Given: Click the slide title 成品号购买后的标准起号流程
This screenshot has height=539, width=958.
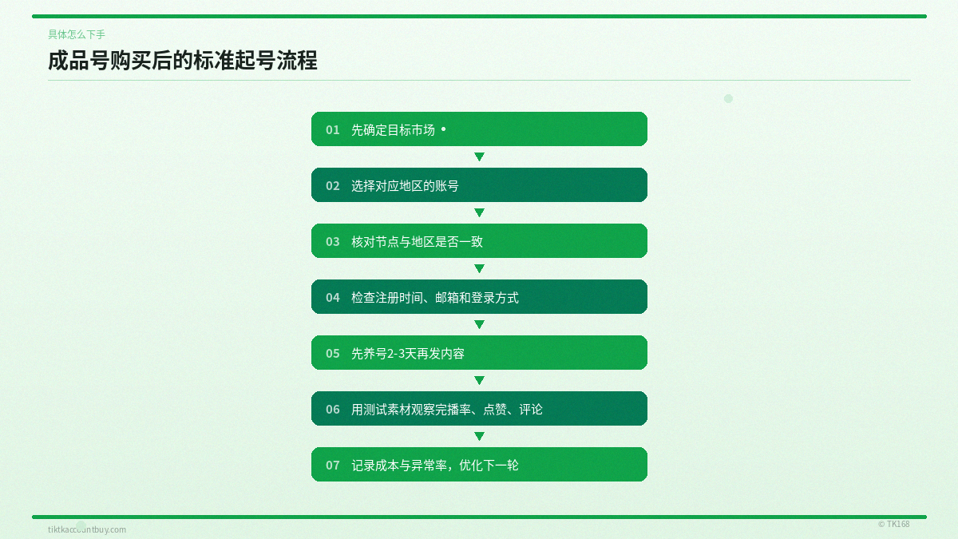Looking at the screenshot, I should click(183, 61).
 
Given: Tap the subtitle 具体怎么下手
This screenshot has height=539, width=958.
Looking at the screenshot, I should click(77, 34).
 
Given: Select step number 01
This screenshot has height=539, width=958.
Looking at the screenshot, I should click(333, 129).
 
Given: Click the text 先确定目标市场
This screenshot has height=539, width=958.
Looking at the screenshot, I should click(393, 129).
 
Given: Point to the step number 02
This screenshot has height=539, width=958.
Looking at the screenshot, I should click(333, 185).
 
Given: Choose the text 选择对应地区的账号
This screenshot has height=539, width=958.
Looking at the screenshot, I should click(405, 185).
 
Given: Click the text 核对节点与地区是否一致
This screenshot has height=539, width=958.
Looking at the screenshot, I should click(417, 241).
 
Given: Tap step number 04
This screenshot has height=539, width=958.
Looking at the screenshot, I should click(333, 297).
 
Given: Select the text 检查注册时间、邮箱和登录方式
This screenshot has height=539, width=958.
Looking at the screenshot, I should click(435, 297).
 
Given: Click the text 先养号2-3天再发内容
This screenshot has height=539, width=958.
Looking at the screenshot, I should click(408, 353).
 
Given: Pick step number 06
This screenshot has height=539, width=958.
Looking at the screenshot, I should click(333, 409).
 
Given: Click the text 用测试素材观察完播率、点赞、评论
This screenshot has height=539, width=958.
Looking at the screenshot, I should click(447, 409).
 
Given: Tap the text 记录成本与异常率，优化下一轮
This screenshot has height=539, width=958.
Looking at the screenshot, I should click(435, 465).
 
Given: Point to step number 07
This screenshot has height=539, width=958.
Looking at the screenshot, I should click(333, 465).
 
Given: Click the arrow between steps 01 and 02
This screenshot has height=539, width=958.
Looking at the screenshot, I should click(479, 157).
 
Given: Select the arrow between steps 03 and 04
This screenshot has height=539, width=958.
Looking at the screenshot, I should click(479, 269).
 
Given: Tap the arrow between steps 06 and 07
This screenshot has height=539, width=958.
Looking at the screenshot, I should click(479, 437).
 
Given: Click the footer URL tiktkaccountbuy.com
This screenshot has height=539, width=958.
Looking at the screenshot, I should click(87, 529).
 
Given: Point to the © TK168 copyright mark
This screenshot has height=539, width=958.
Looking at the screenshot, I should click(893, 524).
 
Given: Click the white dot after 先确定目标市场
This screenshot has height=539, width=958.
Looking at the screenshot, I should click(444, 129).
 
